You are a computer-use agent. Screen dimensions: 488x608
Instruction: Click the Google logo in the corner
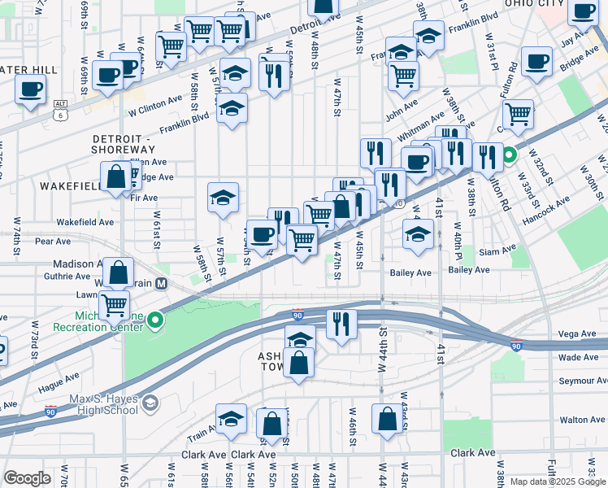(x=27, y=478)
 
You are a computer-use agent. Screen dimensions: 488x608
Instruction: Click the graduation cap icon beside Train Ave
(x=232, y=419)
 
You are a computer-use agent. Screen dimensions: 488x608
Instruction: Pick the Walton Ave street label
(x=583, y=420)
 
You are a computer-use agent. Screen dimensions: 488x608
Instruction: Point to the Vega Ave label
(x=579, y=333)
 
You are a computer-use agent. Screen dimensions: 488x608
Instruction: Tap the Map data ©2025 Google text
(x=557, y=481)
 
